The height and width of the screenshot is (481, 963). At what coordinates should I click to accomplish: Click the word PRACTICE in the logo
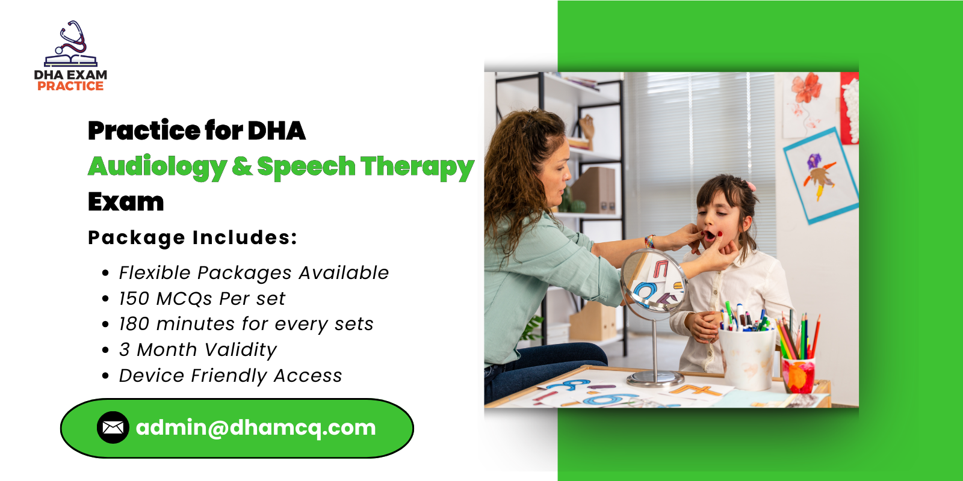coord(70,86)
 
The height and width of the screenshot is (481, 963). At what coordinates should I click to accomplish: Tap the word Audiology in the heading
coord(158,167)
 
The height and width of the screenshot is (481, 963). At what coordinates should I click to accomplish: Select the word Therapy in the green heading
coord(417,167)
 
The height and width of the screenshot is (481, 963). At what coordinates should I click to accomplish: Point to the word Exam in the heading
coord(126,202)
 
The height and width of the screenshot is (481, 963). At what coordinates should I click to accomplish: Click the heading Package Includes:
coord(193,237)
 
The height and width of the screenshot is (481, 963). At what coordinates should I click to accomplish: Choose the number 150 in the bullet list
coord(134,299)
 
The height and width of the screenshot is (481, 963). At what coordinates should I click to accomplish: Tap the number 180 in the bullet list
coord(134,324)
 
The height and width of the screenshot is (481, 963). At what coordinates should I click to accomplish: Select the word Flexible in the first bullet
coord(155,273)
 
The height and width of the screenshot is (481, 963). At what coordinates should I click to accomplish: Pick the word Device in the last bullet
coord(152,376)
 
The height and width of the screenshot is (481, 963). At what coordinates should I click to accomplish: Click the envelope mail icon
coord(113,427)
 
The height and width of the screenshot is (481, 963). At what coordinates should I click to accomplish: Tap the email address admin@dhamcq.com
coord(256,427)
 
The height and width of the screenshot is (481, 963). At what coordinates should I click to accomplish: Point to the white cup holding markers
coord(746,358)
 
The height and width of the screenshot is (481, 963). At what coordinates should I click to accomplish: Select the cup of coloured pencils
coord(798,373)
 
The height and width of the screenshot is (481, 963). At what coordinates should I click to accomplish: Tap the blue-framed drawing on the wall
coord(821,175)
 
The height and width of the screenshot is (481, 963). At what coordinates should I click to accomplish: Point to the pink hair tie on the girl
coord(750,186)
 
